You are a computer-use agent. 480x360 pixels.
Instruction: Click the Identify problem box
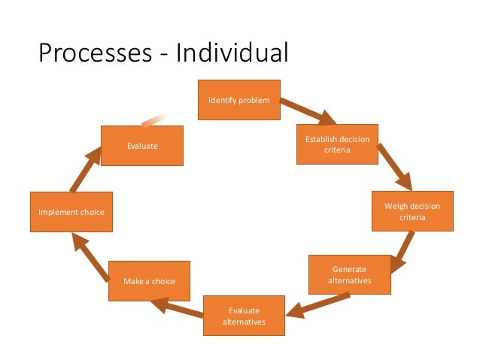238,99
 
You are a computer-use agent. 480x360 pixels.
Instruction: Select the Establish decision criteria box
336,144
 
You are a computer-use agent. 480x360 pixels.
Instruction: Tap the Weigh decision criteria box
413,211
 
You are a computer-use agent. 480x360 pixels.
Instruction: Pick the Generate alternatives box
349,274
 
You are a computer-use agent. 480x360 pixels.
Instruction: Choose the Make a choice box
149,280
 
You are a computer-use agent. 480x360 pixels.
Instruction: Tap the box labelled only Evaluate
142,146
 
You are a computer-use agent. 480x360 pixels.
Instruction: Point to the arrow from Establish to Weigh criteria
394,167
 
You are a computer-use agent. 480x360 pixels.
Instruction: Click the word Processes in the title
96,53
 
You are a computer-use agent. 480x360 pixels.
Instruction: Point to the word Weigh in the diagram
396,205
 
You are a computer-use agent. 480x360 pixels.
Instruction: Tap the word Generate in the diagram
349,268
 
